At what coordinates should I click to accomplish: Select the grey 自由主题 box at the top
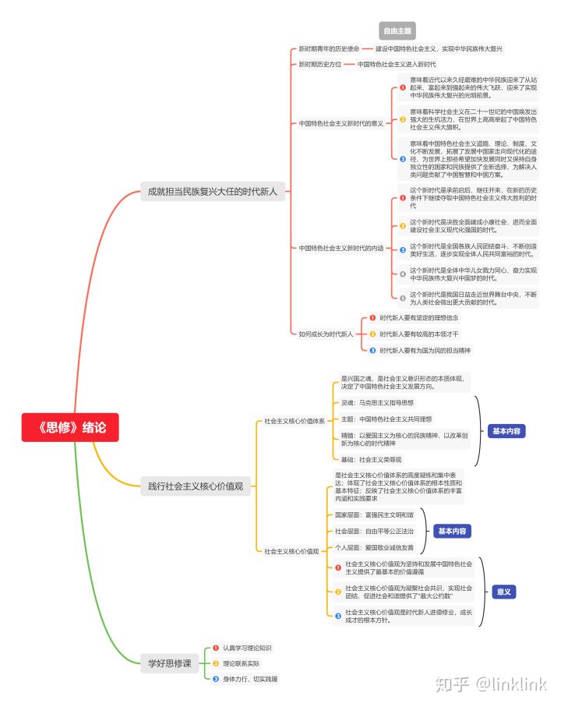click(397, 31)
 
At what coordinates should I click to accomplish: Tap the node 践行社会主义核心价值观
click(195, 486)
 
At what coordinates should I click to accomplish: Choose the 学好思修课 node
click(169, 663)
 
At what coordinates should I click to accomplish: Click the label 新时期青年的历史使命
click(329, 48)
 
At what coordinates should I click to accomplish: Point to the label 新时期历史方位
click(320, 64)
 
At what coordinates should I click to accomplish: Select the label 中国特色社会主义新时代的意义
click(340, 123)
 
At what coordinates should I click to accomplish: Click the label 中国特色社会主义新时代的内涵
click(340, 248)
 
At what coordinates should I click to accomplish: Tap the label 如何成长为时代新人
click(326, 334)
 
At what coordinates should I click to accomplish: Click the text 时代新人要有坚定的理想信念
click(419, 318)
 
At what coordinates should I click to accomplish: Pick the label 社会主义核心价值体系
click(294, 421)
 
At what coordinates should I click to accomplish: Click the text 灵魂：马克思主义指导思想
click(378, 402)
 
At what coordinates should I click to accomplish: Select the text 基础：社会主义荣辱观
click(372, 459)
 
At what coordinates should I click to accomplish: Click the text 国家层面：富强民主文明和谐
click(375, 515)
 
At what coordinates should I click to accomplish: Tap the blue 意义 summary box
click(504, 592)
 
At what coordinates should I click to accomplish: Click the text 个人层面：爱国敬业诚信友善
click(375, 547)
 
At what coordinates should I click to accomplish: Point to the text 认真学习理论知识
click(247, 648)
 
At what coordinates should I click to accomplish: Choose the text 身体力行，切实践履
click(250, 679)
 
